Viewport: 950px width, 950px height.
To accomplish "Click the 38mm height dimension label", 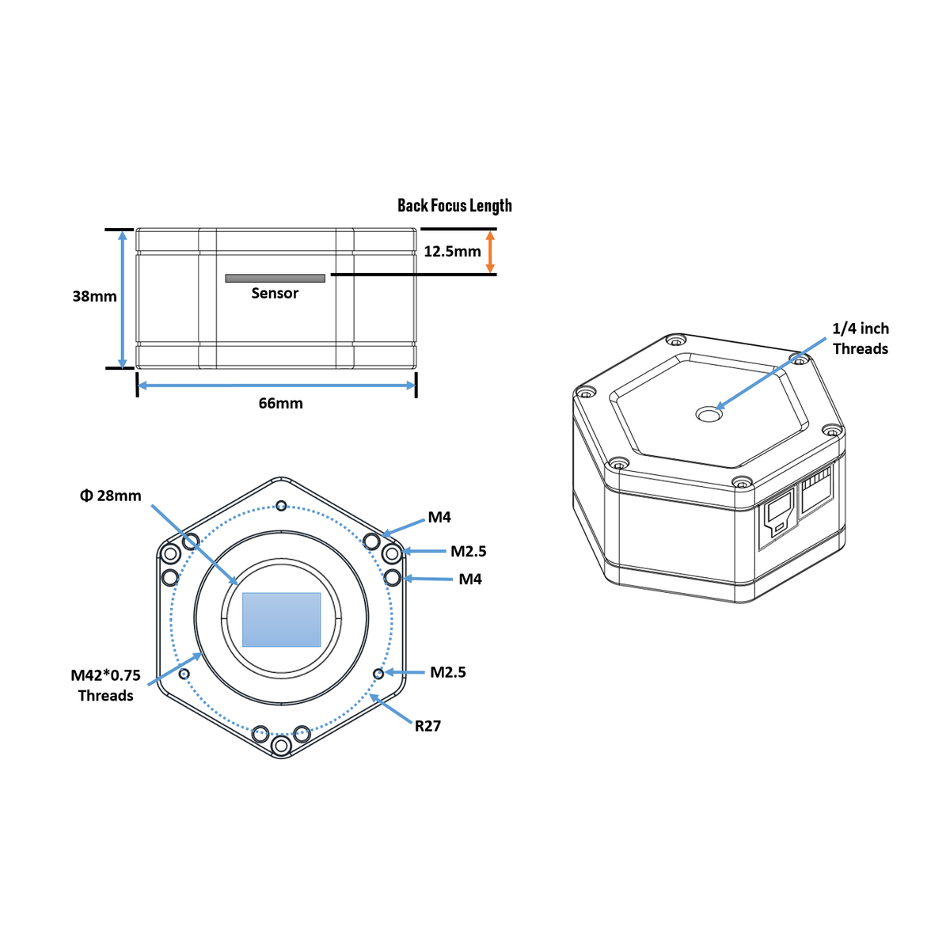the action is coord(95,296).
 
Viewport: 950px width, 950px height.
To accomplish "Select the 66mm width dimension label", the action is coord(280,403).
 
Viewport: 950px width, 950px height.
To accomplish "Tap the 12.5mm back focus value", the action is coord(452,252).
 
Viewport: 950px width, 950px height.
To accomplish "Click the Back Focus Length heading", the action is coord(454,206).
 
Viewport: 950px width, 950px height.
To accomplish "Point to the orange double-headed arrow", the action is coord(489,252).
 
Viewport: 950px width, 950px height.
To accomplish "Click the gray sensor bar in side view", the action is coord(275,279).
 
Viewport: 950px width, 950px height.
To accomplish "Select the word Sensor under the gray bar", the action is coord(275,294).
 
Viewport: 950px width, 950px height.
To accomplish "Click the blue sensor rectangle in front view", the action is coord(281,620).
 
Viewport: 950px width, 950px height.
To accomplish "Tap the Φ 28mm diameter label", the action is coord(110,496).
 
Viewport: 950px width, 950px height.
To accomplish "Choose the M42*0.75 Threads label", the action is coord(105,686).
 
